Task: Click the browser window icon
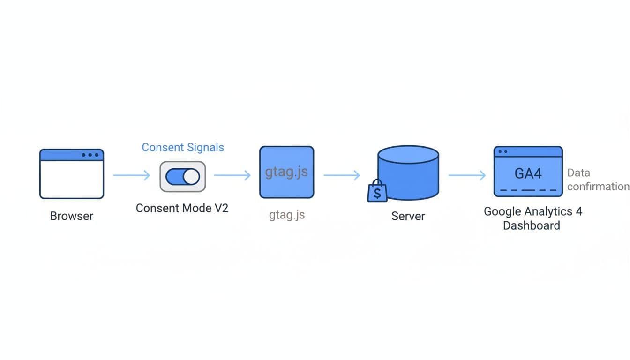tap(72, 174)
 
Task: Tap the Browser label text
tap(72, 216)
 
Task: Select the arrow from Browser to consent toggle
tap(131, 175)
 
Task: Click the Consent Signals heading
tap(183, 147)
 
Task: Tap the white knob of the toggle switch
tap(191, 177)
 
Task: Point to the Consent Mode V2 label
tap(182, 208)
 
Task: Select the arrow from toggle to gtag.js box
tap(232, 175)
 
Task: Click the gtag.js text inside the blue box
tap(286, 172)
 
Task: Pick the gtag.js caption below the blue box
tap(287, 215)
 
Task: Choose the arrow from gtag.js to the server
tap(342, 175)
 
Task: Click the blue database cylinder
tap(408, 173)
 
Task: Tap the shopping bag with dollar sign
tap(377, 192)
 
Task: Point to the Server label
tap(408, 216)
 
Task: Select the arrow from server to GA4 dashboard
tap(467, 175)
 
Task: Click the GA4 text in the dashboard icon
tap(528, 173)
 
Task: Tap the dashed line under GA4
tap(528, 190)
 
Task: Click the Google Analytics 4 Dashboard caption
tap(532, 218)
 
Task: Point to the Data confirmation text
tap(598, 180)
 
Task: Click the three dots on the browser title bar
tap(90, 155)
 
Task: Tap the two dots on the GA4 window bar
tap(503, 152)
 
